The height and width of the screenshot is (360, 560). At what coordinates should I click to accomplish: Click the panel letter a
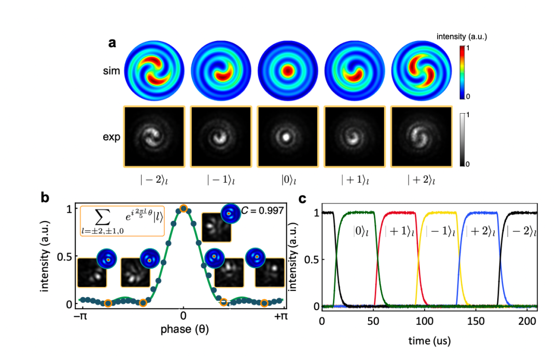[x=112, y=43]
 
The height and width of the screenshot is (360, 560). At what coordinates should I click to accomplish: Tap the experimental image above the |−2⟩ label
[x=153, y=136]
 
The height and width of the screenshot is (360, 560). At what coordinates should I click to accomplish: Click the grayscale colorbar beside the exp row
[x=463, y=137]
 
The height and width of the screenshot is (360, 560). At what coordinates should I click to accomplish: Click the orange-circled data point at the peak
[x=183, y=209]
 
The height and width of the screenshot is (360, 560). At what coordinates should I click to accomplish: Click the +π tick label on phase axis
[x=280, y=316]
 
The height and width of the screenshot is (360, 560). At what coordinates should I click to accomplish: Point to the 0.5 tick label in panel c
[x=309, y=259]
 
